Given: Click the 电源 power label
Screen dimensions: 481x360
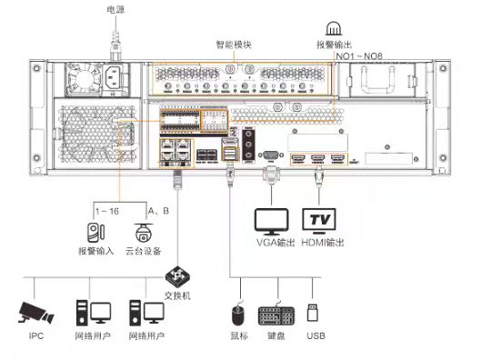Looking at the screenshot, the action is [x=115, y=9].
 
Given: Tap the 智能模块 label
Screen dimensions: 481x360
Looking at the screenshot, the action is [x=234, y=45].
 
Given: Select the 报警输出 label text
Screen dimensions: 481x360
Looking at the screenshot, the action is [x=334, y=45].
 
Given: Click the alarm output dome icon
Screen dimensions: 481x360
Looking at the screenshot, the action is [x=334, y=28].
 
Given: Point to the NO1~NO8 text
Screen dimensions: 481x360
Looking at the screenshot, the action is [x=359, y=56].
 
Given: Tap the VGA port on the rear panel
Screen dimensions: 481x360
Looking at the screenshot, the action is [x=271, y=155].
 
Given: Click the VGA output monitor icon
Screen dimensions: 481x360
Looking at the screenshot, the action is [x=272, y=222].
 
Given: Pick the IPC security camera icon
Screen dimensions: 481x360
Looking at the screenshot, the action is [x=35, y=313].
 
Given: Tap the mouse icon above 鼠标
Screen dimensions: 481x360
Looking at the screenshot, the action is [x=238, y=315].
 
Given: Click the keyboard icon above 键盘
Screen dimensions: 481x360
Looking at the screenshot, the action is [x=276, y=315].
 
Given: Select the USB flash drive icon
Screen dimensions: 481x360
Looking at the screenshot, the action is [x=313, y=313].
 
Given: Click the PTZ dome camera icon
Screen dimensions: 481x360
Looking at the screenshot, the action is [x=144, y=233].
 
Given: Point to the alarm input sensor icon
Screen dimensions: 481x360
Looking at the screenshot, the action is [x=95, y=233].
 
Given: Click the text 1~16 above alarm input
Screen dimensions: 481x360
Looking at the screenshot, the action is [x=106, y=211].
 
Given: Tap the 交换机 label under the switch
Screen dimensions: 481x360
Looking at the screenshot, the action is [x=177, y=295].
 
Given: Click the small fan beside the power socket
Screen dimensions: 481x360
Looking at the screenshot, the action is [x=83, y=80].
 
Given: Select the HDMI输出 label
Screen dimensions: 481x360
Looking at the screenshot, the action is [x=323, y=243].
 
